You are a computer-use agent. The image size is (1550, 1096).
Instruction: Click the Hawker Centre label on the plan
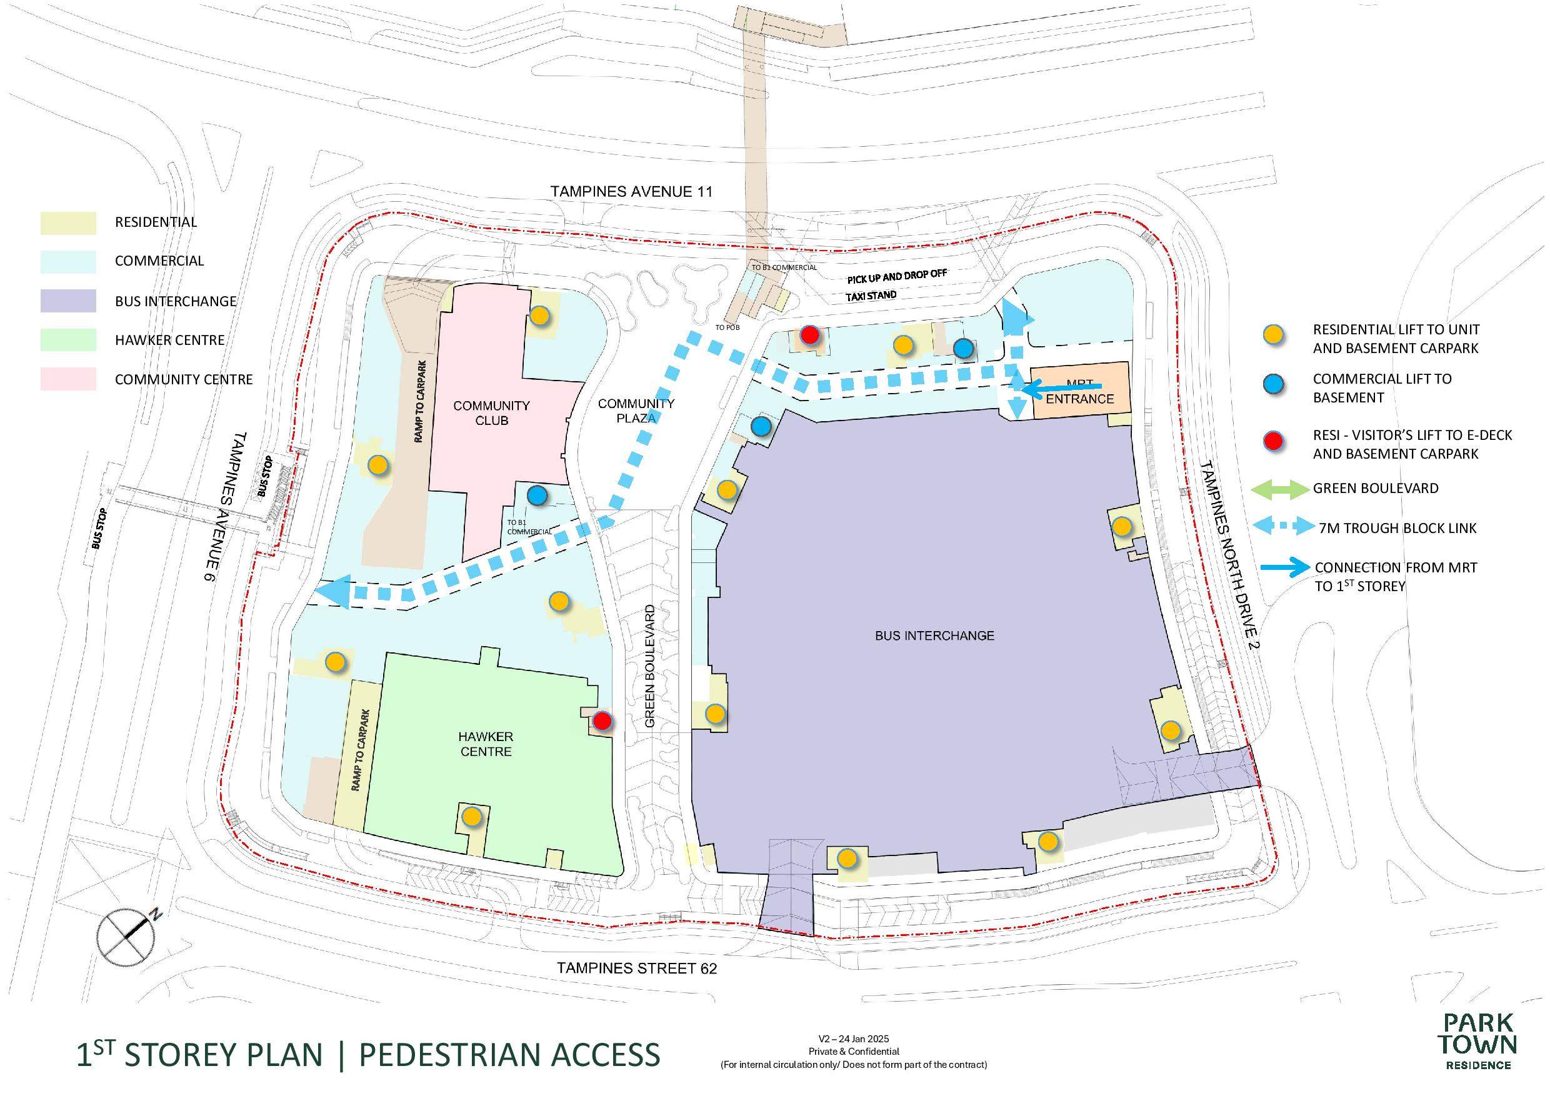pos(486,744)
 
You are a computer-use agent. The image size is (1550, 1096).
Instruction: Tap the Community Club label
pos(491,412)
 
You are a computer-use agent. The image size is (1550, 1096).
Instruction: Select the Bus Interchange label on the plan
pos(934,635)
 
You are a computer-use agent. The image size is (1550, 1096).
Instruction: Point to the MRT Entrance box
pos(1080,391)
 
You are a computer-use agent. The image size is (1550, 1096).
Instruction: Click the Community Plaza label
pos(636,411)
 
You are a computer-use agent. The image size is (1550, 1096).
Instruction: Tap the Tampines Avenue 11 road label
pos(631,192)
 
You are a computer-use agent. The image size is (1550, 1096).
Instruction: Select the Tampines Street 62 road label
pos(637,969)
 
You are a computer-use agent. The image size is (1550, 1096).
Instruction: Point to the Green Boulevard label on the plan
pos(650,666)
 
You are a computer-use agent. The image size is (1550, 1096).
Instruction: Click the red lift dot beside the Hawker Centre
pos(602,720)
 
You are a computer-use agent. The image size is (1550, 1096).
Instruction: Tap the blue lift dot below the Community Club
pos(537,496)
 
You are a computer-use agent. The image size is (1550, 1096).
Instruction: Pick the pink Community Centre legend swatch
pos(67,379)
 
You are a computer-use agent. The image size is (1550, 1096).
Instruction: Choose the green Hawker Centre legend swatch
pos(67,339)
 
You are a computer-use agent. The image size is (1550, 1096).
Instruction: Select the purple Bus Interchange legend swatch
pos(67,301)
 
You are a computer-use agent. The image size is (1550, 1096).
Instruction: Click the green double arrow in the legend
pos(1279,489)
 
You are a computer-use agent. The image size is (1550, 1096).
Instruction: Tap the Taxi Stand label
pos(871,296)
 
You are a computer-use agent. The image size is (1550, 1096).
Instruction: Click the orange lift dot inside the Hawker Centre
pos(472,817)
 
